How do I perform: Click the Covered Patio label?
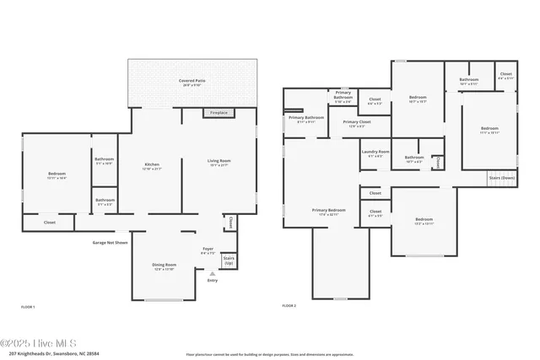pyautogui.click(x=192, y=83)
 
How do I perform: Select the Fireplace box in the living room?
pyautogui.click(x=218, y=113)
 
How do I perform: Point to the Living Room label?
pyautogui.click(x=219, y=163)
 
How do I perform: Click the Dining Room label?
pyautogui.click(x=164, y=267)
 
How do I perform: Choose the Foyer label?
pyautogui.click(x=208, y=250)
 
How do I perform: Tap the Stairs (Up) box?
pyautogui.click(x=229, y=261)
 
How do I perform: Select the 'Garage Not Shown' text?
pyautogui.click(x=111, y=243)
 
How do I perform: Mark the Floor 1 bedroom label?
pyautogui.click(x=56, y=176)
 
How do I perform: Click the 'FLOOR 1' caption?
pyautogui.click(x=28, y=307)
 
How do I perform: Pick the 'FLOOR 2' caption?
pyautogui.click(x=291, y=307)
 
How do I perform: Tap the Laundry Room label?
pyautogui.click(x=372, y=154)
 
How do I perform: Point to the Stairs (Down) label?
pyautogui.click(x=502, y=178)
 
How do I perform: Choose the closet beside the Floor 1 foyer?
pyautogui.click(x=229, y=223)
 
